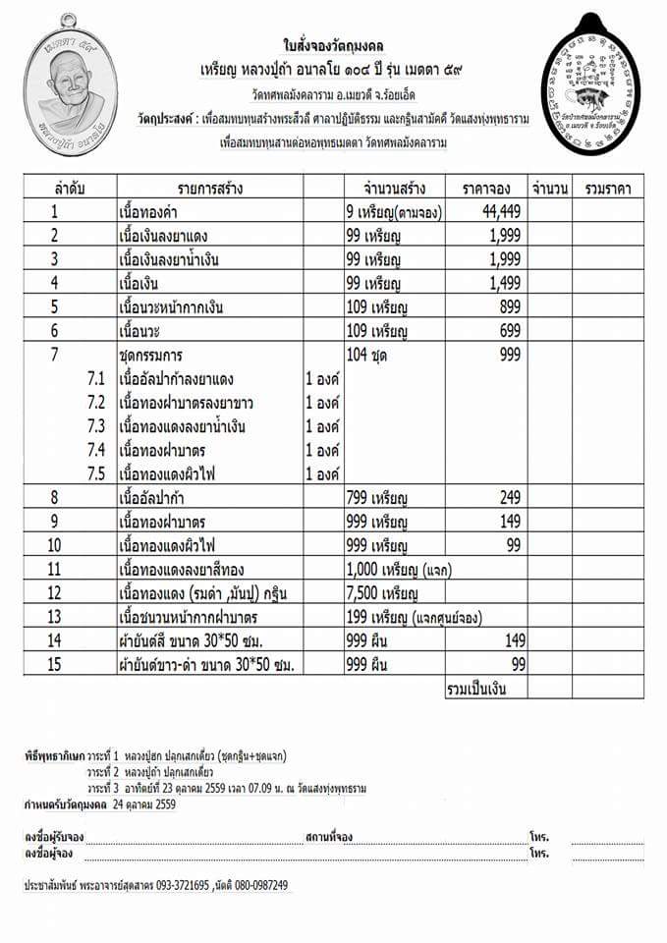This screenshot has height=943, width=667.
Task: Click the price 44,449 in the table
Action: pos(500,210)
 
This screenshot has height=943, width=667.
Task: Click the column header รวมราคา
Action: pos(607,187)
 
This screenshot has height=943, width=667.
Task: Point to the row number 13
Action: pos(55,616)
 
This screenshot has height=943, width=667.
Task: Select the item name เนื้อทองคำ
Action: pos(153,210)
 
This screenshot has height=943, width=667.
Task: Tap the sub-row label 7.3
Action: pos(95,427)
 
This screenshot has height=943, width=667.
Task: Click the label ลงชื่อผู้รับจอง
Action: pos(54,837)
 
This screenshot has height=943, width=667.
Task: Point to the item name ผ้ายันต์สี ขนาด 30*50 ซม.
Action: pos(196,639)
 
